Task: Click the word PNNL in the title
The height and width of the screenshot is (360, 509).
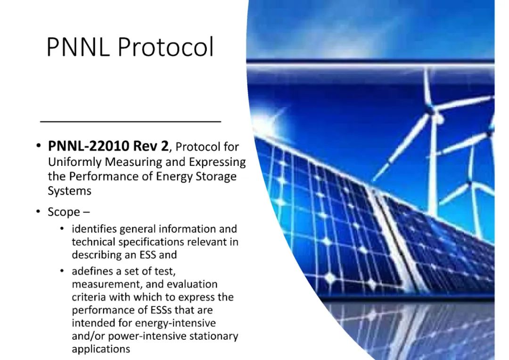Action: (x=77, y=47)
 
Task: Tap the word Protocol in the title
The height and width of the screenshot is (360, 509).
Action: (x=165, y=47)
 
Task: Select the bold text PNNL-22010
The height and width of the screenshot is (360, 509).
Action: (x=89, y=147)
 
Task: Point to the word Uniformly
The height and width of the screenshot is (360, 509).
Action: (x=74, y=162)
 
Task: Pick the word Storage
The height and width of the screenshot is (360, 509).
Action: (x=216, y=177)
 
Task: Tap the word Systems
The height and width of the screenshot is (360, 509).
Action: (x=69, y=191)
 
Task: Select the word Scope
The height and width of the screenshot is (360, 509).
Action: (x=64, y=213)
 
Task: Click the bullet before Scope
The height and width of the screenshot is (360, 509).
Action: (x=39, y=212)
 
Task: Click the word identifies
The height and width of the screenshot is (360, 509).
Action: (x=94, y=229)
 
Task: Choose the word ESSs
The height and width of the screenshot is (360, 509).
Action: (x=161, y=310)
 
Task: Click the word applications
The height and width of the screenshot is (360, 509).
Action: (x=101, y=350)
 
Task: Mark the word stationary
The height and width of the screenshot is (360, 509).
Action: (x=213, y=336)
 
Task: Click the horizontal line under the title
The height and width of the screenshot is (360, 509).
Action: (x=131, y=122)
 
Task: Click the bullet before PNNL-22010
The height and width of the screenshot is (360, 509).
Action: (x=39, y=146)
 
